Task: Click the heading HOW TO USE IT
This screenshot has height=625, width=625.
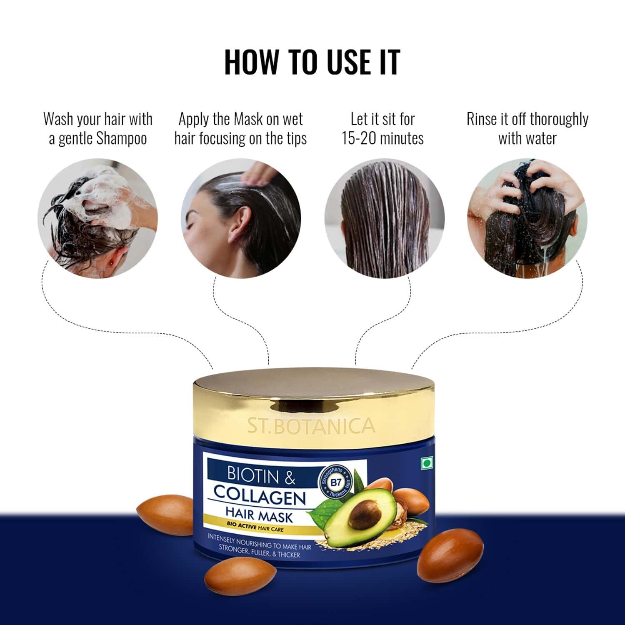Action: point(312,62)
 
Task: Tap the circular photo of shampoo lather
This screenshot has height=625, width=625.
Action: point(97,218)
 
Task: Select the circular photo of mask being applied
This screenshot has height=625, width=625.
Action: point(241,218)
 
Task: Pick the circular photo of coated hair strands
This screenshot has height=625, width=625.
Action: point(384,218)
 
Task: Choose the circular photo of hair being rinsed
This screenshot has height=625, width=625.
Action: point(527,218)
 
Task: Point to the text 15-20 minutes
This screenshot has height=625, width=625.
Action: point(382,139)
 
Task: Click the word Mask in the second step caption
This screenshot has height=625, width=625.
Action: point(248,120)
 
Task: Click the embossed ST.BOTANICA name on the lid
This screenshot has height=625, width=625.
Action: point(311,426)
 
